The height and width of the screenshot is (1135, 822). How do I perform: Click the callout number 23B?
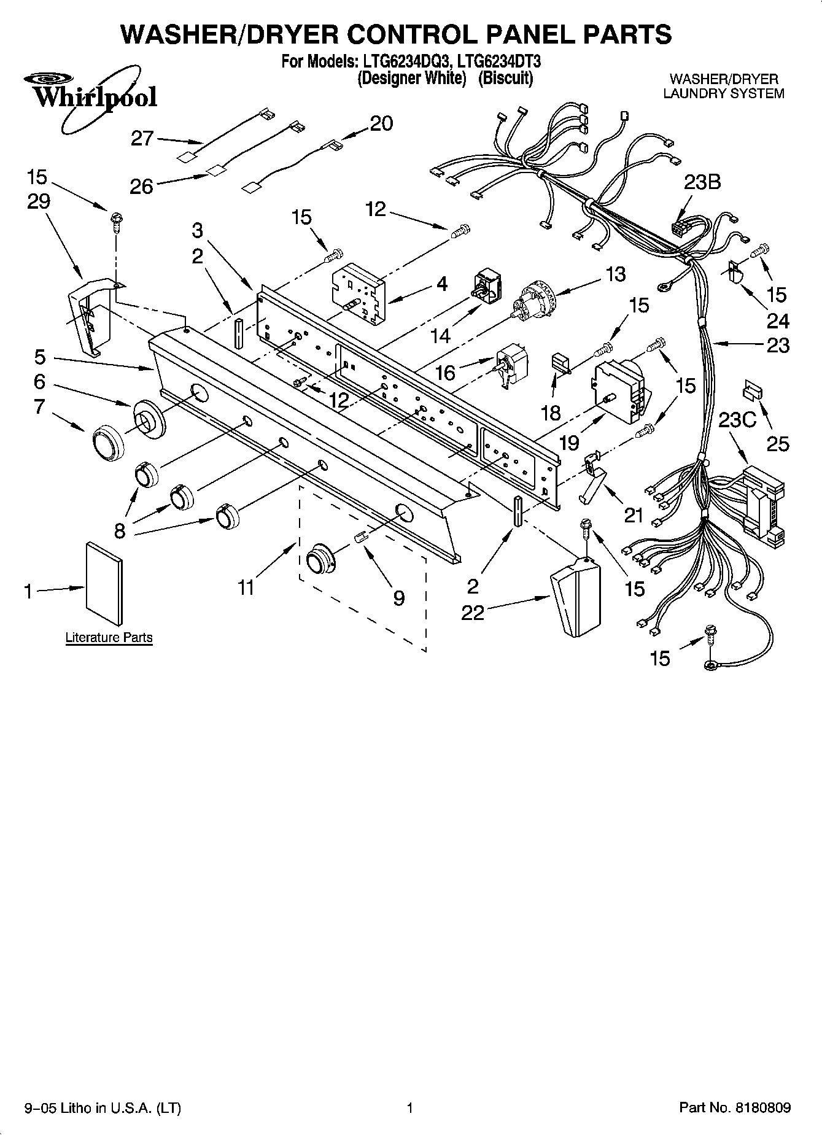tap(702, 182)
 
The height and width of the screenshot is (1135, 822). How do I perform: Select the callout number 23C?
tap(737, 420)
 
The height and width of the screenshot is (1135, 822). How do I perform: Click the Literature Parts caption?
tap(109, 637)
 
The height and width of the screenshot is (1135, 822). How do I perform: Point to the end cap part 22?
tap(575, 595)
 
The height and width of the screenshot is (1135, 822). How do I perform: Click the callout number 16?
tap(446, 372)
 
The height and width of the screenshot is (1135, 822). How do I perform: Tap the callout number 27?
tap(142, 138)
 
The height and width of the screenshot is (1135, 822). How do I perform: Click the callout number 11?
tap(246, 587)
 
